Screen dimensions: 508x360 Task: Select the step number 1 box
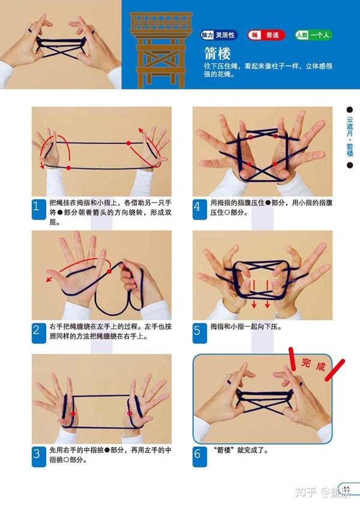tap(36, 207)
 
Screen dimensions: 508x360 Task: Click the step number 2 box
tap(36, 330)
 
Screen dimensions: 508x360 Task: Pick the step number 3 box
tap(36, 454)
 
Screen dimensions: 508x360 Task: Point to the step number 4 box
tap(197, 207)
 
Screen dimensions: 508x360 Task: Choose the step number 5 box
tap(197, 330)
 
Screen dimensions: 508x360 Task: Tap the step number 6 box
tap(197, 454)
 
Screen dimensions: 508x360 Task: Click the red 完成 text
tap(313, 364)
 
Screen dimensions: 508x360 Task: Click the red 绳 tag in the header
tap(254, 35)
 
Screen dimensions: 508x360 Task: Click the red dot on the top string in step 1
tap(128, 143)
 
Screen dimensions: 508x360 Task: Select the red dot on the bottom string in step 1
tap(69, 168)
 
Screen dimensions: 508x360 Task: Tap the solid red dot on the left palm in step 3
tap(73, 413)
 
